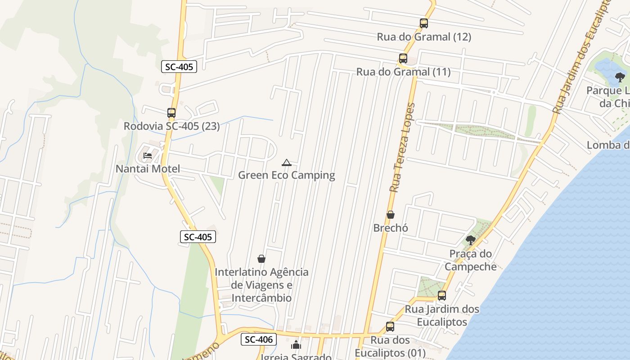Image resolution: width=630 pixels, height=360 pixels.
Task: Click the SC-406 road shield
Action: click(259, 339)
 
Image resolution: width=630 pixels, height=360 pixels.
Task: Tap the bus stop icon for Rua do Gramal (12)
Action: click(423, 23)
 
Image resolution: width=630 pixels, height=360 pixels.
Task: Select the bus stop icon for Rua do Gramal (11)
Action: click(403, 58)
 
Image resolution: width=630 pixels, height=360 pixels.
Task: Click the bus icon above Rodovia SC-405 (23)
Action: click(171, 113)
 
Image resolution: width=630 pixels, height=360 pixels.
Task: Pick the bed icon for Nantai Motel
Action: click(147, 156)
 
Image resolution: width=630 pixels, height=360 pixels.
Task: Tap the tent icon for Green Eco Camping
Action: click(286, 162)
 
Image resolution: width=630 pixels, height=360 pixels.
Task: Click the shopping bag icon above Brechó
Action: click(390, 215)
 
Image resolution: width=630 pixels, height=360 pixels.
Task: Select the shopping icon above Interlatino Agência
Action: click(261, 259)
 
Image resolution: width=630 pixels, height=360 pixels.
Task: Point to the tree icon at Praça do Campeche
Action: click(471, 240)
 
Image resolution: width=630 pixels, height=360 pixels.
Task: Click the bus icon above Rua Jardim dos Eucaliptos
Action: click(441, 296)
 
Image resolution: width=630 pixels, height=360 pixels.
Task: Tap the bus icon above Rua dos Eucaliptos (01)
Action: click(390, 327)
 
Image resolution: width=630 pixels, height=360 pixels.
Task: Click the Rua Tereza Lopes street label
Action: click(402, 148)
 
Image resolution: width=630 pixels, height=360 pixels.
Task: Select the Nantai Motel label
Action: click(148, 169)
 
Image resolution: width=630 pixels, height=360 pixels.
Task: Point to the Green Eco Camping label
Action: click(286, 175)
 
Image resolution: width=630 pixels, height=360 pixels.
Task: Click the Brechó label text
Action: click(391, 228)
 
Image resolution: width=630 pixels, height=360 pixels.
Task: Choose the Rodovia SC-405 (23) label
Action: click(171, 126)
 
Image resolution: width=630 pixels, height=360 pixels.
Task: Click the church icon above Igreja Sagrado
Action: click(296, 346)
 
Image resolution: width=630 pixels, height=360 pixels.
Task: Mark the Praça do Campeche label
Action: click(471, 260)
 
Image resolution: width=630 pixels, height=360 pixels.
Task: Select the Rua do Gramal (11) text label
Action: click(403, 72)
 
